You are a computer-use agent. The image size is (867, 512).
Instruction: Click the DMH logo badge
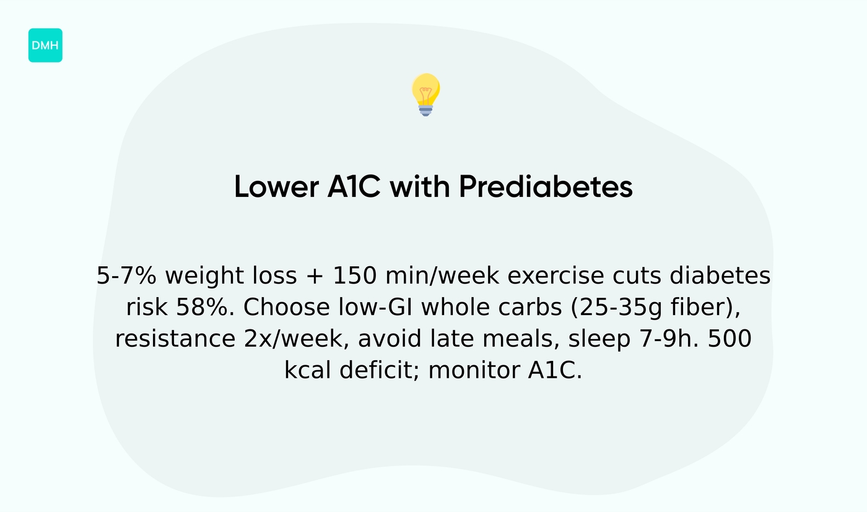click(45, 45)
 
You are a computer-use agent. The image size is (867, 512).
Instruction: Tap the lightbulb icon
click(425, 94)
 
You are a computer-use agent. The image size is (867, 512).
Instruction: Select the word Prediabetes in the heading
click(546, 186)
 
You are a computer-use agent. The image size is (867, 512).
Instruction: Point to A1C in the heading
click(354, 186)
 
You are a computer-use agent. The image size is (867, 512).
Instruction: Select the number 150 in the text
click(354, 276)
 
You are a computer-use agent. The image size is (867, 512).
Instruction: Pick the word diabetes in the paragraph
click(720, 276)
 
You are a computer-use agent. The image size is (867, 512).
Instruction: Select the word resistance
click(171, 339)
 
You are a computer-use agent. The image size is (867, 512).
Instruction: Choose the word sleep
click(596, 339)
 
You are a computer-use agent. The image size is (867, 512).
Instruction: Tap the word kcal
click(308, 371)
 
